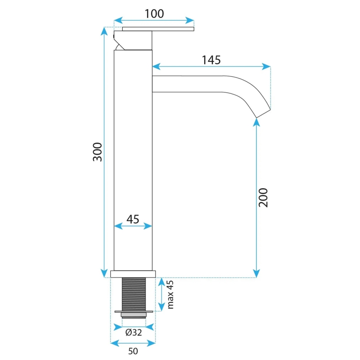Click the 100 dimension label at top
pos(154,13)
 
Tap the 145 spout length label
pos(211,60)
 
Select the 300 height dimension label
pos(97,152)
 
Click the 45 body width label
pos(132,219)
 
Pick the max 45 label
pos(170,294)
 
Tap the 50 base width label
pos(133,351)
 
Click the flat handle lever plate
pos(158,29)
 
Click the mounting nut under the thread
pos(134,312)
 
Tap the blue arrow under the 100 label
pos(154,20)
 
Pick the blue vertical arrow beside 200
pos(257,197)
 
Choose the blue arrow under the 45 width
pos(133,226)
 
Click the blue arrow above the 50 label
pos(133,343)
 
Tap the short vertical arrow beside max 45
pos(161,294)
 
